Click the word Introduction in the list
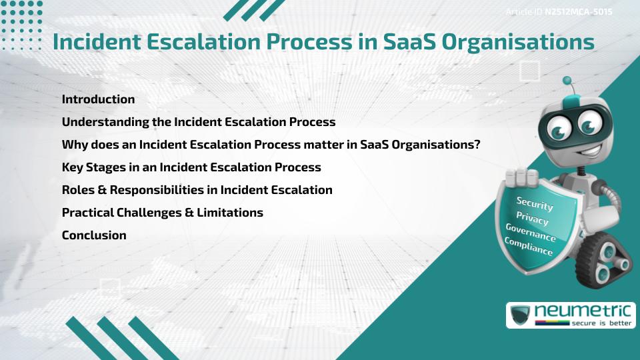[98, 99]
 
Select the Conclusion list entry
[94, 235]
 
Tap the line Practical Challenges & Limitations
[162, 213]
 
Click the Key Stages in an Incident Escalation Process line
[191, 167]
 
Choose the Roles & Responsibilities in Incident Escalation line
[197, 190]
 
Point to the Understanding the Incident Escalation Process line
[198, 122]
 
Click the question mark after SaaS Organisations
[477, 145]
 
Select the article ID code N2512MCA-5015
[579, 12]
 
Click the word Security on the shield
[535, 204]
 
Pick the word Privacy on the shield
[532, 219]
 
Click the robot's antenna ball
[567, 81]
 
